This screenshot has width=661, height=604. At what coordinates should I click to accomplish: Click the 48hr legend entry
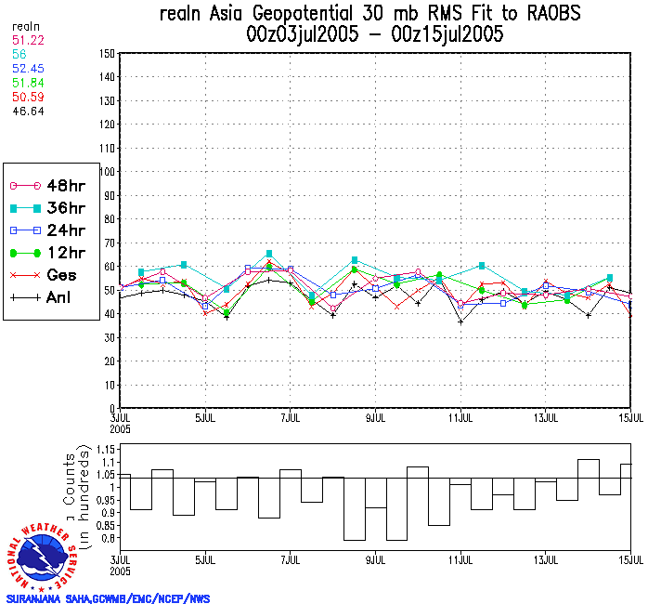[x=51, y=186]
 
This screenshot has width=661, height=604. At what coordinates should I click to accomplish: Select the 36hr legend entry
[x=51, y=208]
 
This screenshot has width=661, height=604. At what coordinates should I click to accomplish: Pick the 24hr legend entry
[x=51, y=230]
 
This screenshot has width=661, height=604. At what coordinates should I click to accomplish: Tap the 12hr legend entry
[x=51, y=253]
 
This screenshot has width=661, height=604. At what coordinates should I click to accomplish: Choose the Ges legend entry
[x=51, y=275]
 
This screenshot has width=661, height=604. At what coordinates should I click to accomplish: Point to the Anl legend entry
[x=51, y=297]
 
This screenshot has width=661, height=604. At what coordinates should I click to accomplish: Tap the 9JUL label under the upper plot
[x=375, y=416]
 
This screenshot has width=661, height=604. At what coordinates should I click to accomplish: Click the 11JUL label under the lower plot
[x=460, y=560]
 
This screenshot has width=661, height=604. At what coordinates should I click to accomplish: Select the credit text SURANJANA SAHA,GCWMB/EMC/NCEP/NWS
[x=108, y=598]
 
